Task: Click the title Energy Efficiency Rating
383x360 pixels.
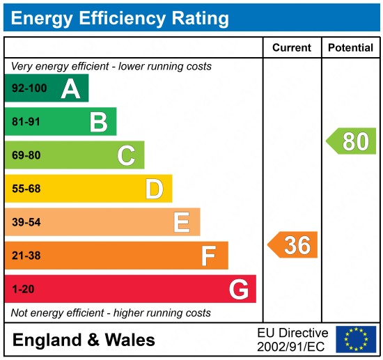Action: click(120, 18)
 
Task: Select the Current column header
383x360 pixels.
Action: click(292, 48)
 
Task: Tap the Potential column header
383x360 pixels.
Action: click(351, 48)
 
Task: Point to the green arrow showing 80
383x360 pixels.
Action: click(352, 141)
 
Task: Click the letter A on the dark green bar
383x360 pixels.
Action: click(70, 88)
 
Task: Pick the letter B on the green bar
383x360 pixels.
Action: click(98, 123)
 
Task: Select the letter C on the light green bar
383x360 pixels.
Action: click(126, 155)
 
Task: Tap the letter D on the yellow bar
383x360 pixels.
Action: click(154, 189)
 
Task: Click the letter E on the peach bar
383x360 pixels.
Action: click(182, 222)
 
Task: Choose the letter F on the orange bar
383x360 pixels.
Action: click(209, 256)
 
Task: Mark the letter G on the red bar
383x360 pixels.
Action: click(239, 289)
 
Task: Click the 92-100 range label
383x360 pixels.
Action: click(27, 89)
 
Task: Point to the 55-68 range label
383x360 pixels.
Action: click(26, 189)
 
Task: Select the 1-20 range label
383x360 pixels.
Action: click(22, 289)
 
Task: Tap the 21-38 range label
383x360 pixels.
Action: click(26, 256)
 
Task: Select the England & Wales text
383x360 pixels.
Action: click(84, 340)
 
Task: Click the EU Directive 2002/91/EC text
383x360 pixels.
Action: click(292, 339)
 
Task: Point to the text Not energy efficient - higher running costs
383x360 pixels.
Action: click(111, 313)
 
